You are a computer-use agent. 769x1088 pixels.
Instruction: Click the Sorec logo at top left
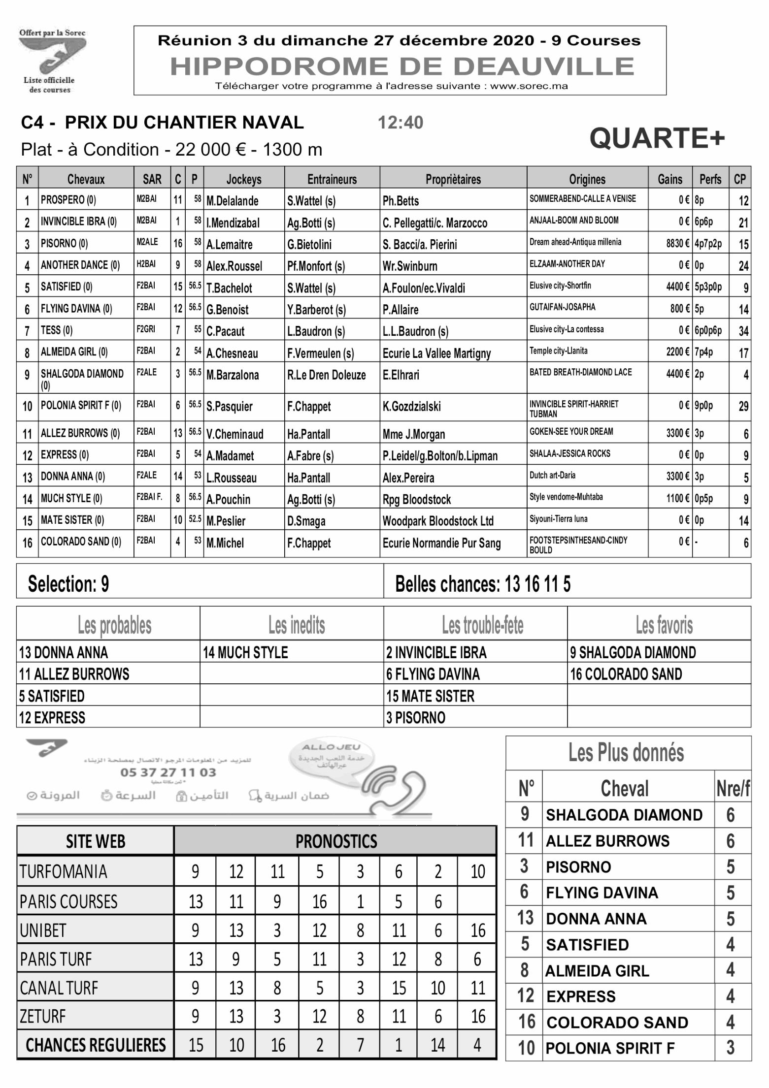(52, 61)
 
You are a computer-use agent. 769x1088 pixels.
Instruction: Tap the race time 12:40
(400, 123)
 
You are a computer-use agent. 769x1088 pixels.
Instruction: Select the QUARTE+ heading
(657, 138)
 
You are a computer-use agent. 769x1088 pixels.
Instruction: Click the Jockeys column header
(244, 179)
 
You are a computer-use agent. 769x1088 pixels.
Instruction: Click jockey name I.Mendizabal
(233, 223)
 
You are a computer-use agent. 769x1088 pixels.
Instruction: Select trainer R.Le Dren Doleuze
(326, 375)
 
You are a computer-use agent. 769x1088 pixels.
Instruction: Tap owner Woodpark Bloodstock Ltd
(438, 521)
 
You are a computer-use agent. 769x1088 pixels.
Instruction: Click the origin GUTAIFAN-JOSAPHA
(562, 307)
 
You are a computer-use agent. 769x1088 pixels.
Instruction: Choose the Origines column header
(587, 179)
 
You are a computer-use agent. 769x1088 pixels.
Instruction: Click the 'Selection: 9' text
(68, 584)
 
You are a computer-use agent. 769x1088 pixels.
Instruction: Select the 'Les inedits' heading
(297, 625)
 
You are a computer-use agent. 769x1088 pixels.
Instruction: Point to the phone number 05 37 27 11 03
(168, 772)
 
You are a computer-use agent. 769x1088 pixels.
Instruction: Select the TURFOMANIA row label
(63, 872)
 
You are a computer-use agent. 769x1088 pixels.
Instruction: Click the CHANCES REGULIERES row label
(96, 1045)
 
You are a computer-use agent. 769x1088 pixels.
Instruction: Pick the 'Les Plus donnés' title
(626, 753)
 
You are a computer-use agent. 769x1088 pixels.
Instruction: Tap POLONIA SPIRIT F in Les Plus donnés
(610, 1049)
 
